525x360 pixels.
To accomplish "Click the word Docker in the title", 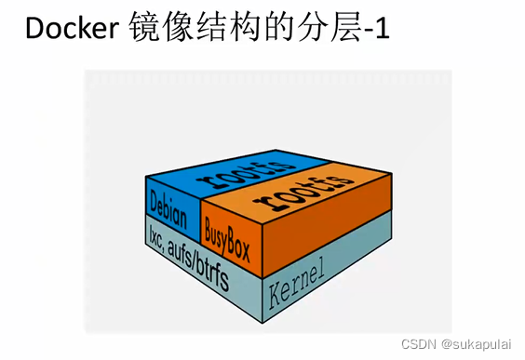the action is pos(68,31).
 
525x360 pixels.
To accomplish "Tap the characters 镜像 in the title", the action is pos(152,31).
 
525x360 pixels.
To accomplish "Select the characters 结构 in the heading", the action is pos(214,31).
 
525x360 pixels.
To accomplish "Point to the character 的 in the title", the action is pos(260,31).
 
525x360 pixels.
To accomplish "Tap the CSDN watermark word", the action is pos(417,343).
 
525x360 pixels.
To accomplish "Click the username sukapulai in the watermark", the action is pos(483,343).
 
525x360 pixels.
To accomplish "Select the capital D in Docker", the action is pos(35,31).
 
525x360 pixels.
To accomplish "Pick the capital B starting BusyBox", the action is pos(209,222).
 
